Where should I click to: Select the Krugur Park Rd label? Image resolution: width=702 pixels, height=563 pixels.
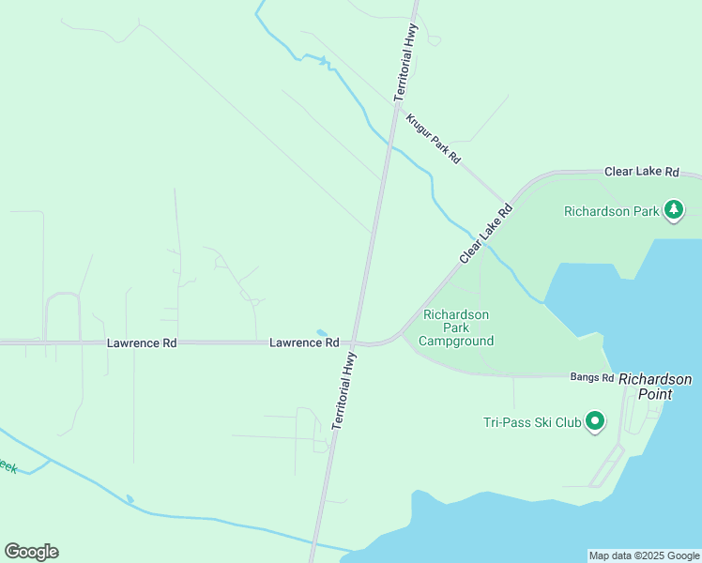coord(434,139)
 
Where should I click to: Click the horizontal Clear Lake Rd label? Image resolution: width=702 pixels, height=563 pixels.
coord(641,172)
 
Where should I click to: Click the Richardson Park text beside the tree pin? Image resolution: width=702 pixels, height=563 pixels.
coord(611,211)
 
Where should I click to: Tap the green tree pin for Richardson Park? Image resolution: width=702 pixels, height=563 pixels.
coord(674,210)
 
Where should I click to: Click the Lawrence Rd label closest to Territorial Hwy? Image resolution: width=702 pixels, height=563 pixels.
coord(304,343)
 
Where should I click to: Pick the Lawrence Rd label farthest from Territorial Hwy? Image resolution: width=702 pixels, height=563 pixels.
coord(142,343)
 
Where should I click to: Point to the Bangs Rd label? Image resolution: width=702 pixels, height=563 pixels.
coord(591,377)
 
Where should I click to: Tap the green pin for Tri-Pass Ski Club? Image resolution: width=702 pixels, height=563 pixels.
coord(594,421)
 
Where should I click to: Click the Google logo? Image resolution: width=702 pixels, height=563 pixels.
coord(31,552)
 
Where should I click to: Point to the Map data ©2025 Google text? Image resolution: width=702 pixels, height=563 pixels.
coord(644,555)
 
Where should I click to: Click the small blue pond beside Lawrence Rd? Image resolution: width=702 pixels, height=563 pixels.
coord(322,332)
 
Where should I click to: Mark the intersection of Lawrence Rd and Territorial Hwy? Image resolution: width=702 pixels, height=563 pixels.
coord(355,342)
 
